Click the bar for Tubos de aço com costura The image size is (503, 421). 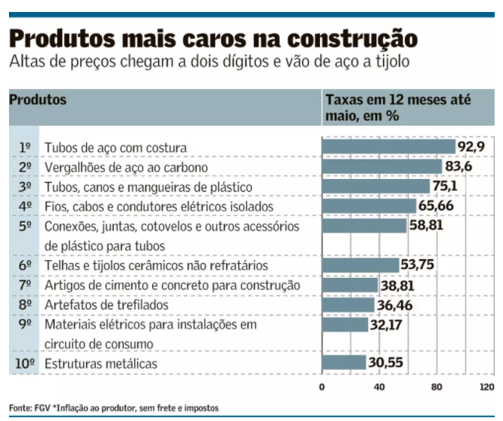pyautogui.click(x=388, y=147)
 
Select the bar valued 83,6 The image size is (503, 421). pyautogui.click(x=382, y=166)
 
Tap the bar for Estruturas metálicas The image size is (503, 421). pyautogui.click(x=344, y=363)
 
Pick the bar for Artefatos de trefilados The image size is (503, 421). pyautogui.click(x=348, y=305)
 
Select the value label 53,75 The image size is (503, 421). pyautogui.click(x=418, y=264)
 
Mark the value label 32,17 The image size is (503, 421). pyautogui.click(x=387, y=325)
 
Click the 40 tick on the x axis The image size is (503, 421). pyautogui.click(x=379, y=387)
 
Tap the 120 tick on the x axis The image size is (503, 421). pyautogui.click(x=487, y=387)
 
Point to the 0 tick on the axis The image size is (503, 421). pyautogui.click(x=322, y=387)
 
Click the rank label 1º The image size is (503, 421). pyautogui.click(x=25, y=148)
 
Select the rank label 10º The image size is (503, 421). pyautogui.click(x=25, y=363)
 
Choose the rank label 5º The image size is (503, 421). pyautogui.click(x=25, y=226)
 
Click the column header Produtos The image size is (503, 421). pyautogui.click(x=37, y=99)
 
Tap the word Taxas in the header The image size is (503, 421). pyautogui.click(x=342, y=99)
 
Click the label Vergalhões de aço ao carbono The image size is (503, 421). pyautogui.click(x=126, y=167)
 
